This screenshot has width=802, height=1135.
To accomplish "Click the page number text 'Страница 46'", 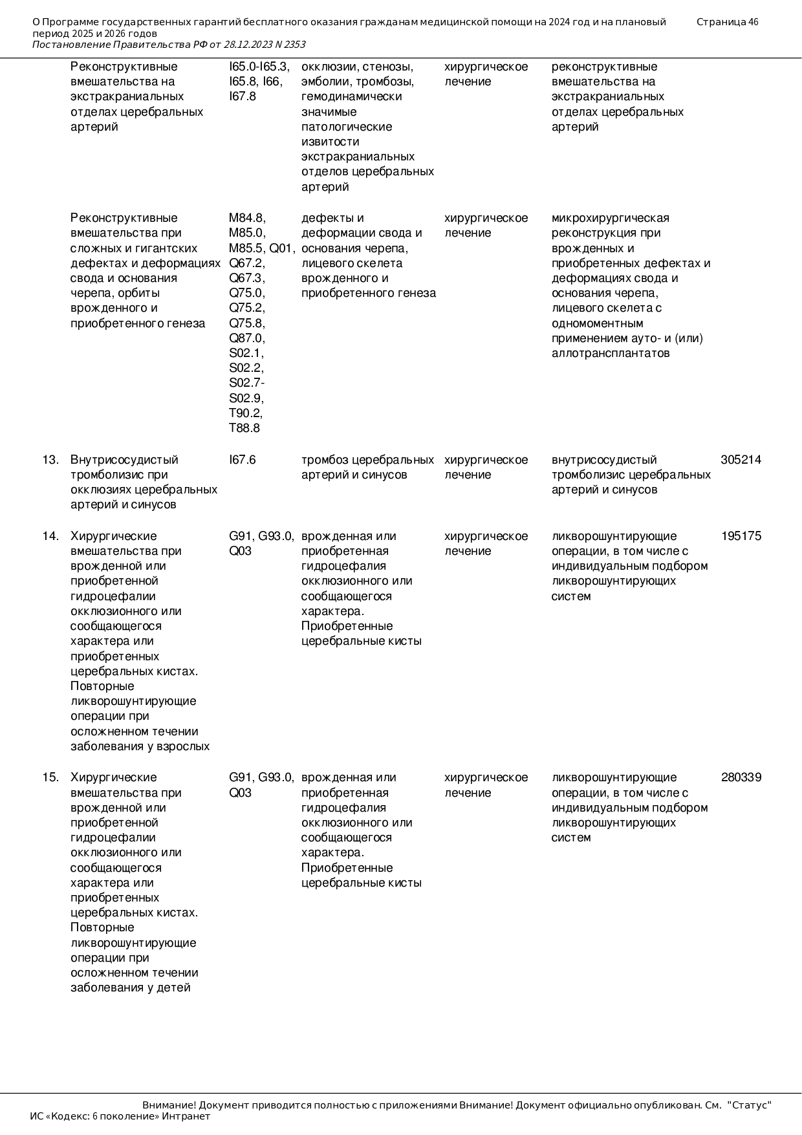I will point(727,22).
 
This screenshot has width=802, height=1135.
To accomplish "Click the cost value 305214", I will point(741,460).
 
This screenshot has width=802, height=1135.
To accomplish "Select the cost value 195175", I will point(741,536).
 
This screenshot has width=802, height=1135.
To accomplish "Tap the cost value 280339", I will point(741,777).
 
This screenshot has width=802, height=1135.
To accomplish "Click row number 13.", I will point(50,460).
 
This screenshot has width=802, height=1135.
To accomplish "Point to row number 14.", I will point(50,536).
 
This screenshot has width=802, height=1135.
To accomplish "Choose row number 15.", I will point(50,777).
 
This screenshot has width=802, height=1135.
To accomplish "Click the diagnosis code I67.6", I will point(242,460).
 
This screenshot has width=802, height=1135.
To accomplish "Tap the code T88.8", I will point(244,428).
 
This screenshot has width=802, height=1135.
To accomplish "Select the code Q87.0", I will point(246,338).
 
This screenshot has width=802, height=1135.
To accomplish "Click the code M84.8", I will point(246,218).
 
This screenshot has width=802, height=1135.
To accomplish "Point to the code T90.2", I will point(245,413).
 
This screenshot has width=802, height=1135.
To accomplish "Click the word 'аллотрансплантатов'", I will point(610,353).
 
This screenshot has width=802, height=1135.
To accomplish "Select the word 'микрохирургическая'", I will point(610,218).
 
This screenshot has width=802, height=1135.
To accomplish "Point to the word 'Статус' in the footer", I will point(750,1105).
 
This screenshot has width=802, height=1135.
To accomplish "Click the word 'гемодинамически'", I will point(351,96).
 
